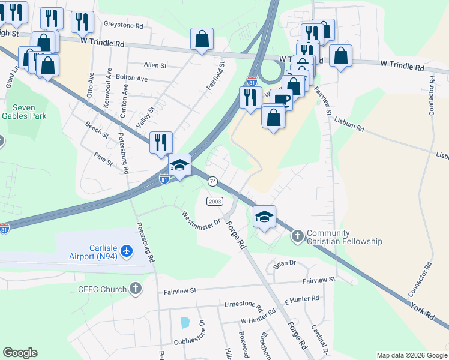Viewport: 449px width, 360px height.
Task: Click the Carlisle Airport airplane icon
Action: pos(126,250)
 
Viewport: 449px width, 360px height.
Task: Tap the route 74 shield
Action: pos(212,181)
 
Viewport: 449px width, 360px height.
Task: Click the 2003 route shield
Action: pos(215,201)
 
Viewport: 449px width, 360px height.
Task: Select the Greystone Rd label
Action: pos(124,26)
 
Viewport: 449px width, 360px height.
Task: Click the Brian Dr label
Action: pos(285,263)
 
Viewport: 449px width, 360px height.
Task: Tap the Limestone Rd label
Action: pos(243,305)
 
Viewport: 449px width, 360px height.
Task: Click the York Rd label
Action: pos(423,311)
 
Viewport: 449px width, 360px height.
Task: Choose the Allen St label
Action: pos(155,65)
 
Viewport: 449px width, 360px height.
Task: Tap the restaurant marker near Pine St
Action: pos(161,142)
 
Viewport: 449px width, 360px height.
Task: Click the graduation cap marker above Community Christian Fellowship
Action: pos(264,216)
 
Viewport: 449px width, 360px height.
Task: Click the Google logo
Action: pos(20,353)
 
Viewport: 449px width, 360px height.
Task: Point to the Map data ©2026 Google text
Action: pos(412,355)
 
